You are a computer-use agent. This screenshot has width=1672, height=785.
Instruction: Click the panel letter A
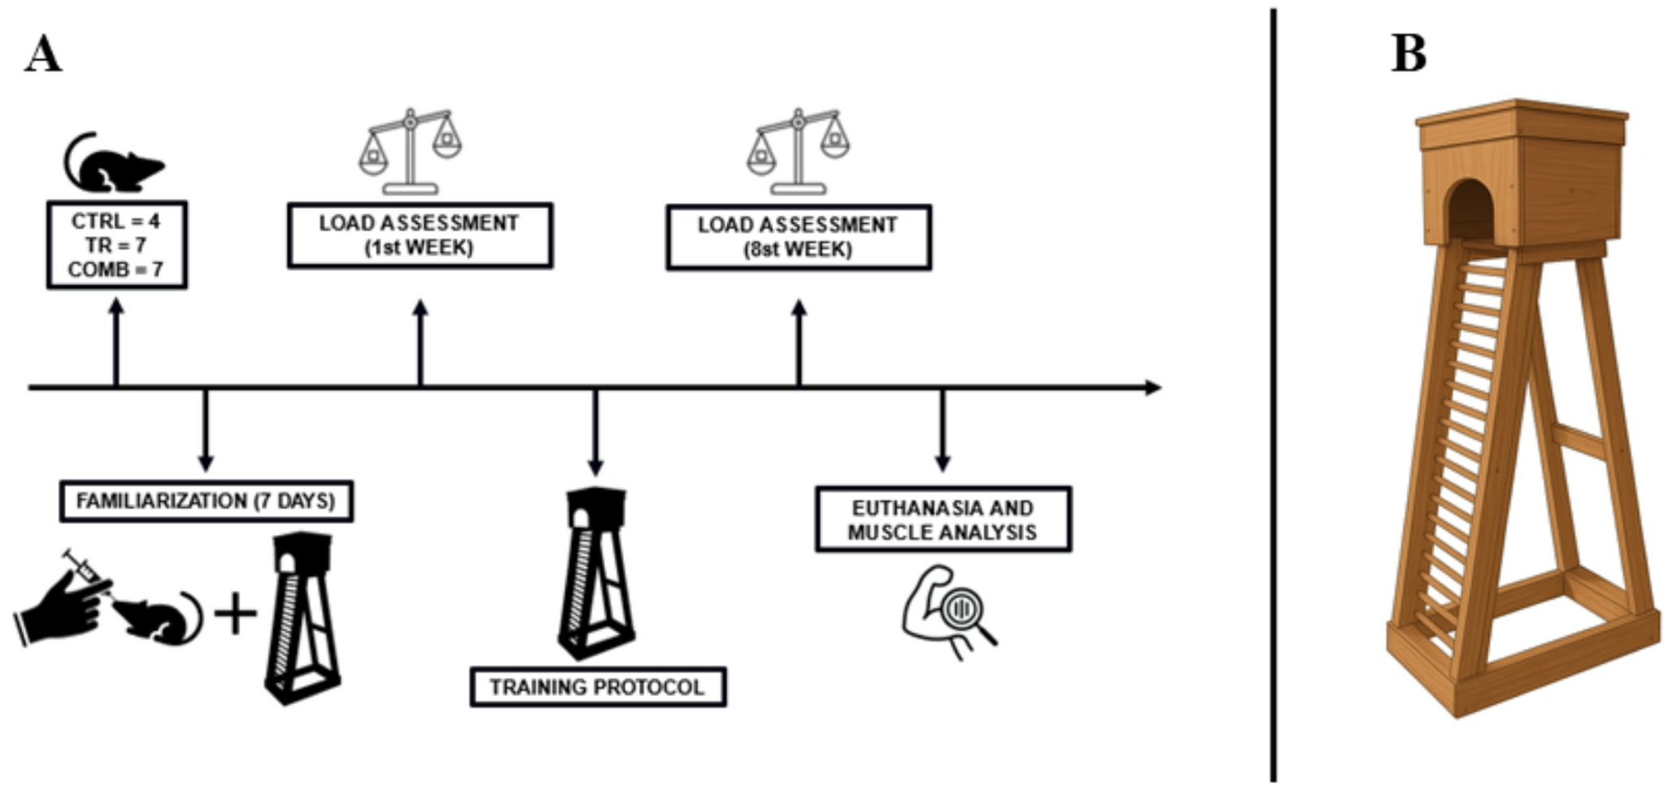coord(42,55)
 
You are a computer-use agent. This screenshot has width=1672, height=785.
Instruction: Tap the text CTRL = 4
coord(115,221)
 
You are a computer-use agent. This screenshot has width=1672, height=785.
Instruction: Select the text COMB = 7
coord(115,269)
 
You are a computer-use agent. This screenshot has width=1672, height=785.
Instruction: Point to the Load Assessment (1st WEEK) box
coord(420,235)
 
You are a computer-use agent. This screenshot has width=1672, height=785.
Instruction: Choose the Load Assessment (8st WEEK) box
coord(798,237)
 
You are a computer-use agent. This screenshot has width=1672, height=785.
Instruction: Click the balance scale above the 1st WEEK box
coord(411,151)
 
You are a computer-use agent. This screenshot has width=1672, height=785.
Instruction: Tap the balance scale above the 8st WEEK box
coord(799,151)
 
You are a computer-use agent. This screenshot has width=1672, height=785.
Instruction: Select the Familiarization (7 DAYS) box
coord(206,501)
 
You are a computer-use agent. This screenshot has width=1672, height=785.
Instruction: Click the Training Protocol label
coord(597,687)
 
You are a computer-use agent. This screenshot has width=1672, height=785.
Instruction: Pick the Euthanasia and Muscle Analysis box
coord(943,520)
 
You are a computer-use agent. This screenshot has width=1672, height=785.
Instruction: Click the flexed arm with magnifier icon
coord(947,610)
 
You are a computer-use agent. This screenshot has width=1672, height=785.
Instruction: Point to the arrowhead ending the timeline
coord(1152,387)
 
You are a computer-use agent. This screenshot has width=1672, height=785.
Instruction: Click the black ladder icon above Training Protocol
coord(595,573)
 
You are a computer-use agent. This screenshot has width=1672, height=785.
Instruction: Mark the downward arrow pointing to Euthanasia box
coord(943,431)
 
